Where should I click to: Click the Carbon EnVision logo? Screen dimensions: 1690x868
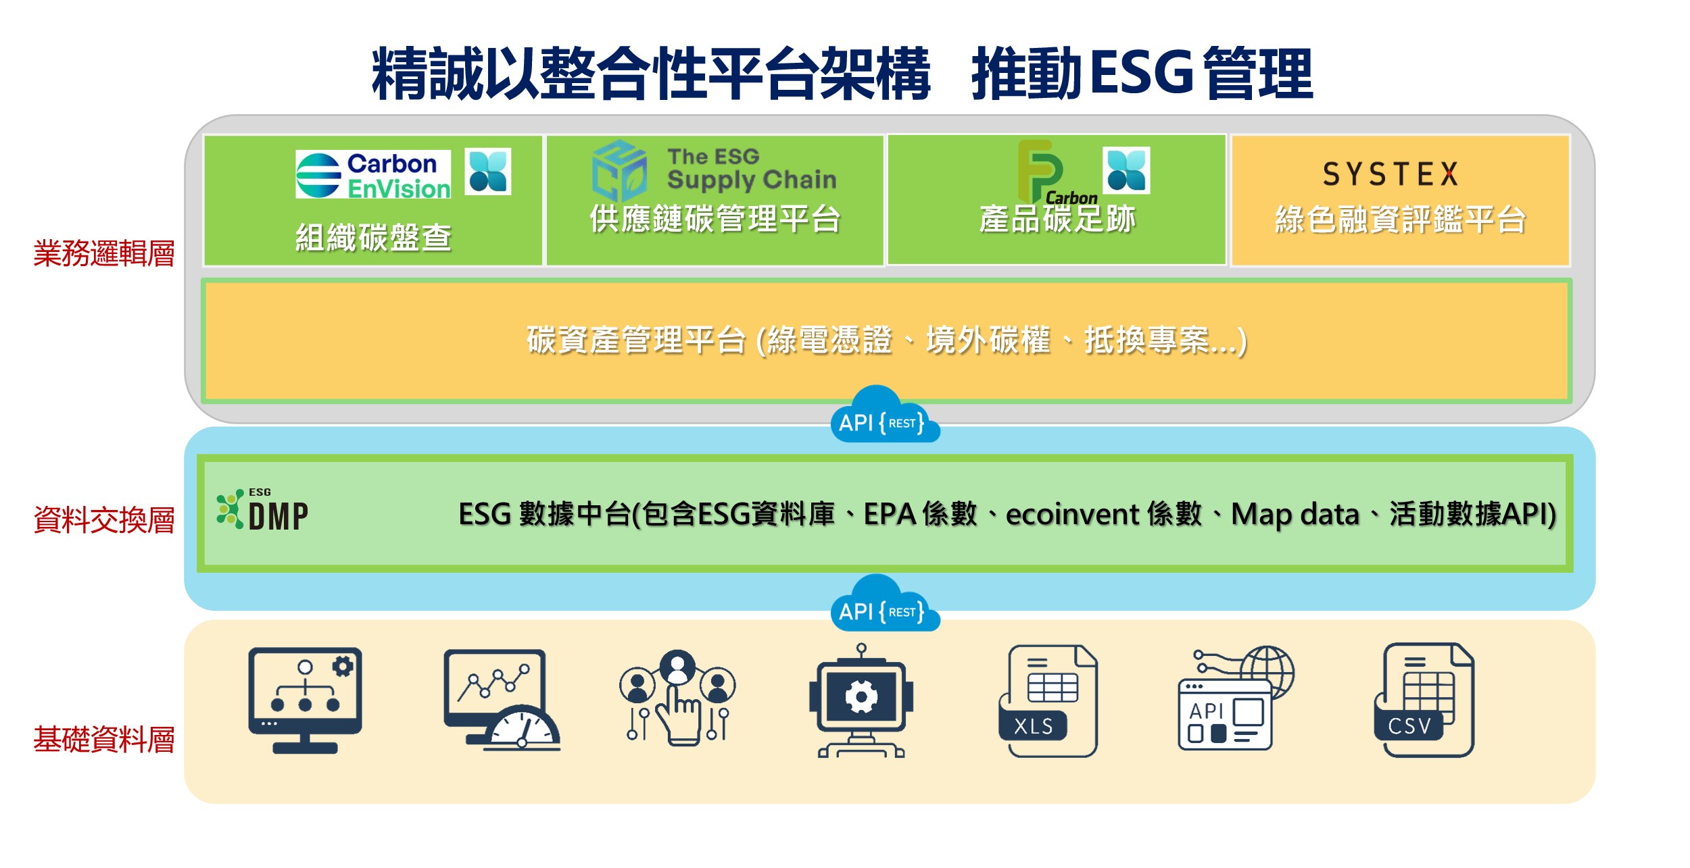(373, 174)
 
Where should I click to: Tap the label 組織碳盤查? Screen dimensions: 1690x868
(373, 238)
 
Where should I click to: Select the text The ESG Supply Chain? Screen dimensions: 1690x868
(752, 169)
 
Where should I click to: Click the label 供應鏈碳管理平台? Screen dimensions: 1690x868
(715, 219)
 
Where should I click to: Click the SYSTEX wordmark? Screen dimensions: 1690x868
(1391, 174)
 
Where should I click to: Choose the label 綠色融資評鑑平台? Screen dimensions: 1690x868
(1400, 220)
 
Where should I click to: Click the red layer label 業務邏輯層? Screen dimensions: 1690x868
(104, 254)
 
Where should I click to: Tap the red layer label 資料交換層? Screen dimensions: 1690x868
(104, 520)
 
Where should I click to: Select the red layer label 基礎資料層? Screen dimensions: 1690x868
(104, 740)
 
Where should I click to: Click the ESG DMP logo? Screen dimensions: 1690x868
(262, 510)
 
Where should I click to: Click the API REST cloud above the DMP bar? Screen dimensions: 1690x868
(884, 415)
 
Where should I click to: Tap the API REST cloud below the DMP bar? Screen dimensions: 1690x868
(884, 604)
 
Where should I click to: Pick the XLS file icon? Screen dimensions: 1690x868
(1048, 701)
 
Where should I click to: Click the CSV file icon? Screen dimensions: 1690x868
(1424, 700)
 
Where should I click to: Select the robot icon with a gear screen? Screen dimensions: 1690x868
(861, 700)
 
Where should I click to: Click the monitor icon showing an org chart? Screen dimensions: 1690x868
(305, 700)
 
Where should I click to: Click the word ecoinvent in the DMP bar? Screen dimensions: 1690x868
(1073, 514)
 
